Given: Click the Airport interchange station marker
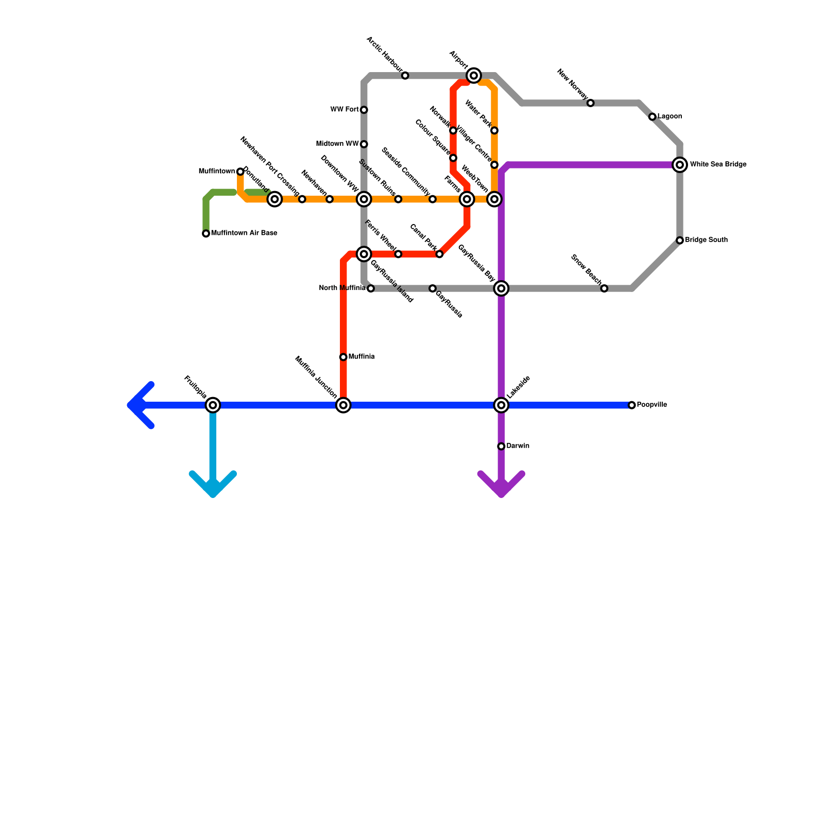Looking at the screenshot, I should [474, 76].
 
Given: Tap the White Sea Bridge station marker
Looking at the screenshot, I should [680, 165].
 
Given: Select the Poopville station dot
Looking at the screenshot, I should [632, 405].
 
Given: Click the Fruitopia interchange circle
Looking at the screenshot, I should [213, 405].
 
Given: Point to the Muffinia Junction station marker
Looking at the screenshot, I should [344, 405].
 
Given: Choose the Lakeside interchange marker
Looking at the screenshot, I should [501, 405].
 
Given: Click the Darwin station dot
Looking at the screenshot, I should [501, 446].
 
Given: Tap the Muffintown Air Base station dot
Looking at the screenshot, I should [206, 234].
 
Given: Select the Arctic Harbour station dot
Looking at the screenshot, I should [405, 76].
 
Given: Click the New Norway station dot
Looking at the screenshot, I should [591, 103].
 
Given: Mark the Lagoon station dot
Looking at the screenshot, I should [653, 117].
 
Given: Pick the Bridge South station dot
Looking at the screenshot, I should [680, 241].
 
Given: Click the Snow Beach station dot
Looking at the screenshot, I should [604, 288].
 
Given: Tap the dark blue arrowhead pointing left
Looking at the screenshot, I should [135, 405].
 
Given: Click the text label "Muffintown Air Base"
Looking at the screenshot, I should [244, 233].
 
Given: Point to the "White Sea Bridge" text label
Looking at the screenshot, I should [718, 165].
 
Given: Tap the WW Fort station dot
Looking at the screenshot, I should [364, 110].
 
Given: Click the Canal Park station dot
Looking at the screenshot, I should [439, 254].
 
